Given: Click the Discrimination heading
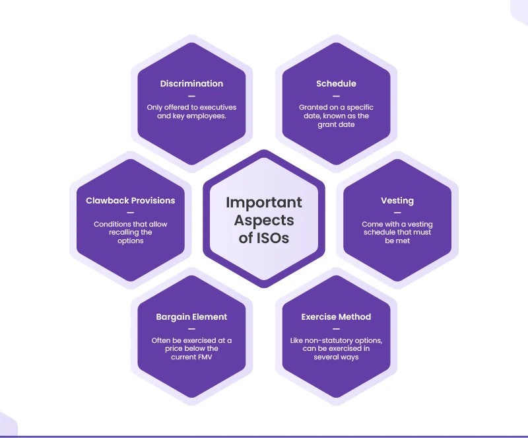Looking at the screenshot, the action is (x=191, y=84).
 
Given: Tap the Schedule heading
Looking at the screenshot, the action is (x=336, y=84).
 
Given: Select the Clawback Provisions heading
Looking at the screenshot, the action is (x=131, y=200).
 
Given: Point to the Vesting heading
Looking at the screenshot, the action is (x=397, y=200).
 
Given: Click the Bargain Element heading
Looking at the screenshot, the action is (x=191, y=317).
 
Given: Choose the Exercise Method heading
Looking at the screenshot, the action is (x=336, y=317).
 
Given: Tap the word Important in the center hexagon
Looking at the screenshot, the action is (x=264, y=202).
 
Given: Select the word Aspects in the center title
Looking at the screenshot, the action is (x=264, y=220).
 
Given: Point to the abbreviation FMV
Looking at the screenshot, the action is (x=208, y=357).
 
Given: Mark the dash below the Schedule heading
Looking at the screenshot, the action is (x=336, y=95).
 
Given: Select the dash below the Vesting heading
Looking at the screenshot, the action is (x=397, y=212).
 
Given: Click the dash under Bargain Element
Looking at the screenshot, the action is (x=191, y=328).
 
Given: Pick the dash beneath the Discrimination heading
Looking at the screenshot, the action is (x=191, y=95).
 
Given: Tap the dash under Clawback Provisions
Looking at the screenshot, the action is (x=131, y=212).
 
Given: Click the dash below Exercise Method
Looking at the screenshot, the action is (x=336, y=328).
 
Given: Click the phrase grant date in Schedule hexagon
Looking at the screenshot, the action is (x=336, y=124).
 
